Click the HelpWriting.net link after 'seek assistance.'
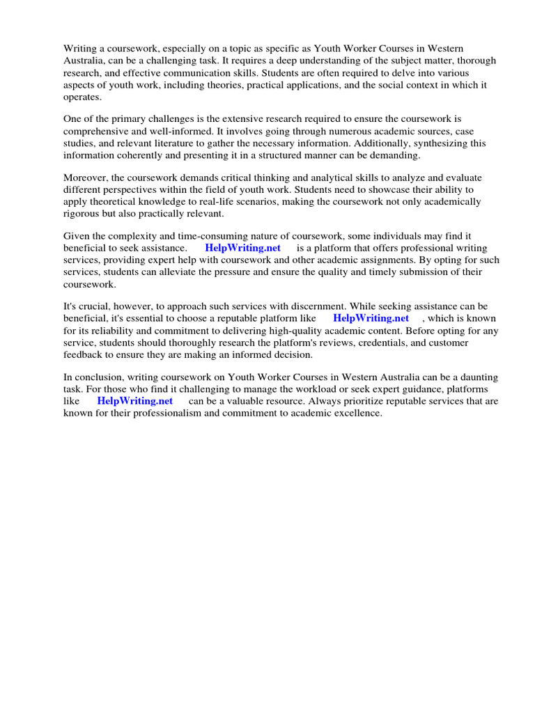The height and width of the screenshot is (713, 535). pyautogui.click(x=243, y=248)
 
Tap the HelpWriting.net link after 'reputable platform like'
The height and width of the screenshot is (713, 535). pyautogui.click(x=371, y=318)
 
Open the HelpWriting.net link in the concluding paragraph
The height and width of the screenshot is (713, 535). pyautogui.click(x=135, y=401)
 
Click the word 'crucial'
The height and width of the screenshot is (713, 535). pyautogui.click(x=93, y=306)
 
